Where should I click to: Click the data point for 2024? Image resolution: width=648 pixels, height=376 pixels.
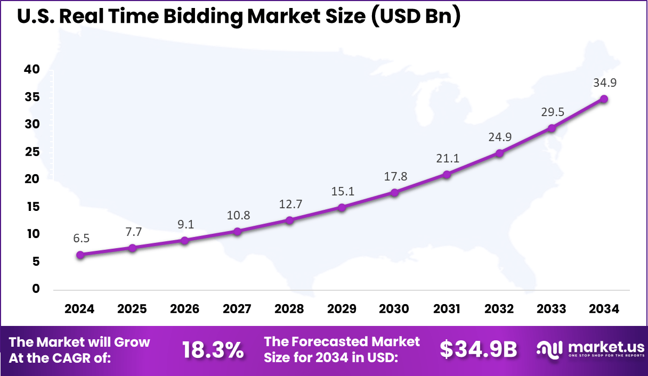(80, 255)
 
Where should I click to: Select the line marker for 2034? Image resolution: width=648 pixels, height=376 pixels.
(604, 99)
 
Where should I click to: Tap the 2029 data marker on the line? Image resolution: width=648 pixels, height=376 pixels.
(342, 207)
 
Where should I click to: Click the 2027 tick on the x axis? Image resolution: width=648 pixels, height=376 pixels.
(237, 309)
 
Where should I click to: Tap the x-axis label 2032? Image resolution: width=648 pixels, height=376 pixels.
(499, 309)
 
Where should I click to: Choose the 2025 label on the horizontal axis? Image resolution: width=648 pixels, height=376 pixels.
(132, 309)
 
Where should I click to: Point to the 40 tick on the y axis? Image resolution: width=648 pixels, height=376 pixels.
(32, 69)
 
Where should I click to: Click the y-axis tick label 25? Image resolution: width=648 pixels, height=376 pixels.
(32, 152)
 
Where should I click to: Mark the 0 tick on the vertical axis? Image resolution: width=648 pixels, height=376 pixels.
(36, 289)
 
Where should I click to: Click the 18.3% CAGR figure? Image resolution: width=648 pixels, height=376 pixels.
(213, 350)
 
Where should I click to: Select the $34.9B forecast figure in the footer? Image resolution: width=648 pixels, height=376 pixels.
(478, 349)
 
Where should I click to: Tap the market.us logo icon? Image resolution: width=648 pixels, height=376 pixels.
(549, 349)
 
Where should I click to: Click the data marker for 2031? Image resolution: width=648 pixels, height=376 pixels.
(447, 174)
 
